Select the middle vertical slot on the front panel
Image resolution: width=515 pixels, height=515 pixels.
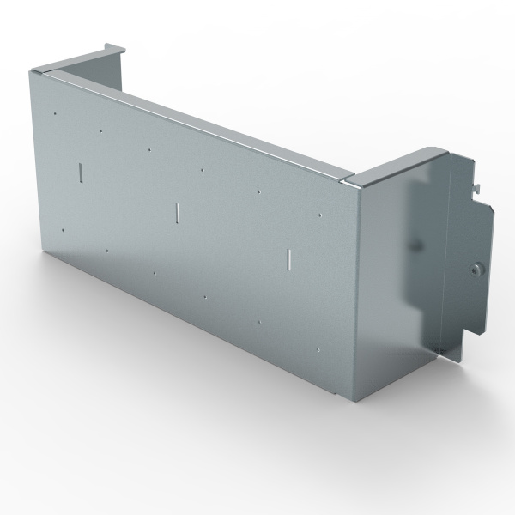click(x=175, y=211)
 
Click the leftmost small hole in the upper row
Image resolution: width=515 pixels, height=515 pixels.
click(x=54, y=112)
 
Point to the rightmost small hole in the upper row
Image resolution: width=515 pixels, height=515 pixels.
click(x=319, y=215)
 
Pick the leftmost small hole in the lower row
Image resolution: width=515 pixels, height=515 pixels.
click(x=64, y=230)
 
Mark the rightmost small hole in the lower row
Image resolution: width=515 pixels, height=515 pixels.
click(x=317, y=350)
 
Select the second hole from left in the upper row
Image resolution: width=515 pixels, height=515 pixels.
click(x=100, y=131)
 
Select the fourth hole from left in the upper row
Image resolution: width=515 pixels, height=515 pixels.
click(x=202, y=170)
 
